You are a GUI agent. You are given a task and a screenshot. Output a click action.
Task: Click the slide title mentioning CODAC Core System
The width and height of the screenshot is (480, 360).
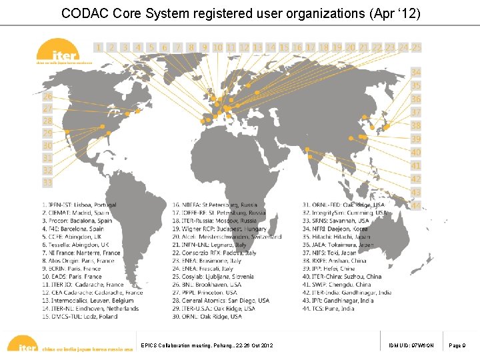click(240, 13)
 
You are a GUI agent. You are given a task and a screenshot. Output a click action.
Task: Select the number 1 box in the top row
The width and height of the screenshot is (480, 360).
click(99, 47)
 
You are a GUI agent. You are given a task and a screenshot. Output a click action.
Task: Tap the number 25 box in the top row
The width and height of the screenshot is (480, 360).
click(416, 47)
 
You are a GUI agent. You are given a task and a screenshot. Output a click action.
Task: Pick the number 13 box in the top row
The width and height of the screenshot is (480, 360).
click(257, 47)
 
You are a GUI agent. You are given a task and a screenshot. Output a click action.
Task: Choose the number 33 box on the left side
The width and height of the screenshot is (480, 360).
click(47, 181)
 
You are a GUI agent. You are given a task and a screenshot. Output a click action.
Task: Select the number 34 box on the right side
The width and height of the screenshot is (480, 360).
click(415, 72)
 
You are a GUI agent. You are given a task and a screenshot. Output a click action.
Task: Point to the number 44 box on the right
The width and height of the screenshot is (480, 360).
click(415, 206)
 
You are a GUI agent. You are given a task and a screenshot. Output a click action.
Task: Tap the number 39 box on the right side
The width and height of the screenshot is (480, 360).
click(415, 139)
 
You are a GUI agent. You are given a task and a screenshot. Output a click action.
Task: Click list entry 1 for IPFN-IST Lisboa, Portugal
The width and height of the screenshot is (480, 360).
click(79, 205)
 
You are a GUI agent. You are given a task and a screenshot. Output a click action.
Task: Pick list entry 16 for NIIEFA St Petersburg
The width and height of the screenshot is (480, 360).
click(214, 205)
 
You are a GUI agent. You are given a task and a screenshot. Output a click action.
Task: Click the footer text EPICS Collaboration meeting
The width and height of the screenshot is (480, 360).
click(207, 345)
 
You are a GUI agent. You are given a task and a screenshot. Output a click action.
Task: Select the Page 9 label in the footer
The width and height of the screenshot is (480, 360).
click(459, 345)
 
